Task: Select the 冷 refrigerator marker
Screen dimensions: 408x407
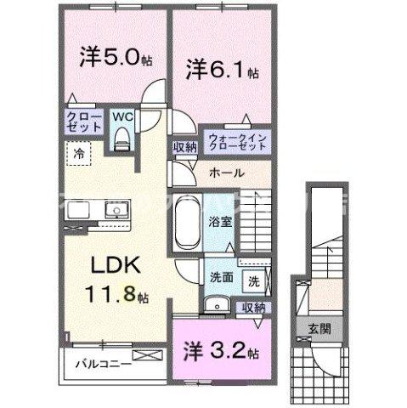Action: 78,156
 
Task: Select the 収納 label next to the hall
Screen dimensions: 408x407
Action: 184,147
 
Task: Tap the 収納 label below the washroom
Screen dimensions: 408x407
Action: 253,308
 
